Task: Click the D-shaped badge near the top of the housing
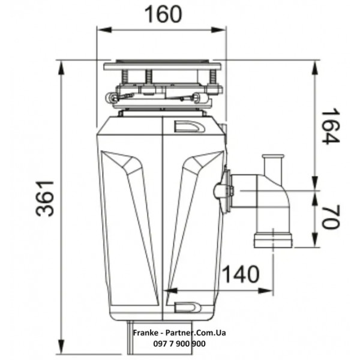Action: (x=187, y=127)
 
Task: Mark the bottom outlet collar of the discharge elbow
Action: (x=273, y=240)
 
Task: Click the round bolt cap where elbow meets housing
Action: (x=220, y=191)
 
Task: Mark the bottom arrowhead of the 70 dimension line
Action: (x=315, y=242)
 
